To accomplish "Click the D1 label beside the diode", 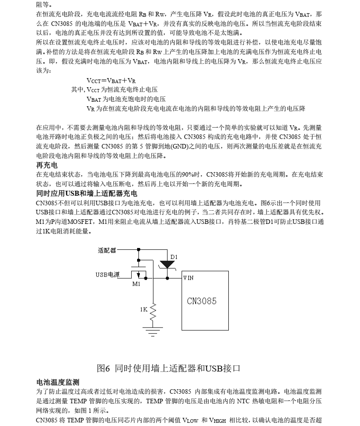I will pyautogui.click(x=174, y=257).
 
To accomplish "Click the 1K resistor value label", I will pyautogui.click(x=143, y=309).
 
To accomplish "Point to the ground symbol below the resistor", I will pyautogui.click(x=153, y=331).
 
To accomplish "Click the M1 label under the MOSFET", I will pyautogui.click(x=136, y=284).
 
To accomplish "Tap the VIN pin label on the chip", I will pyautogui.click(x=188, y=278).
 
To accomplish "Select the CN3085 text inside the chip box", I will pyautogui.click(x=202, y=301).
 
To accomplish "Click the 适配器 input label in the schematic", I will pyautogui.click(x=107, y=250).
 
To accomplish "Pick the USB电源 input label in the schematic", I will pyautogui.click(x=108, y=274).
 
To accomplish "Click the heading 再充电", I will pyautogui.click(x=47, y=165).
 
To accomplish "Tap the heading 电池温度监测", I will pyautogui.click(x=58, y=382).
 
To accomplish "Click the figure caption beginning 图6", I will pyautogui.click(x=168, y=368).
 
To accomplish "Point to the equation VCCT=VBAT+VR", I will pyautogui.click(x=111, y=81).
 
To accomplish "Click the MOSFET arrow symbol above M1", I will pyautogui.click(x=136, y=274).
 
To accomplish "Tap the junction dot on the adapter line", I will pyautogui.click(x=138, y=249).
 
